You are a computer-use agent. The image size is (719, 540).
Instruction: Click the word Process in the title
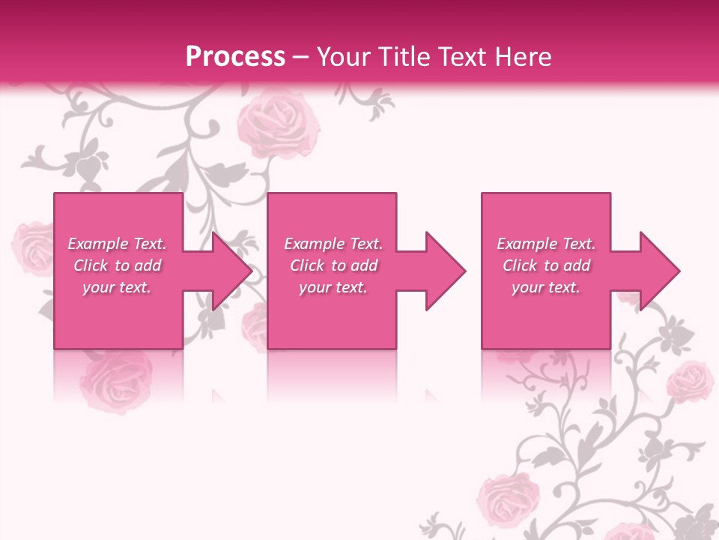tap(235, 57)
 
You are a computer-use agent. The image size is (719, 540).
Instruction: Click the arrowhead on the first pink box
tap(232, 271)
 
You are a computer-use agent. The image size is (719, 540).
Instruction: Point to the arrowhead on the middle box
tap(446, 271)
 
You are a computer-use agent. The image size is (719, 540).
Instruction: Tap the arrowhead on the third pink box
tap(660, 271)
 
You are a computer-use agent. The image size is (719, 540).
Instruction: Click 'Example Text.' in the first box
tap(117, 244)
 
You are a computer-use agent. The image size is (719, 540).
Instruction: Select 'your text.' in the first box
tap(117, 287)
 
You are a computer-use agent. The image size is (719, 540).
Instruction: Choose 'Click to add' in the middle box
tap(333, 265)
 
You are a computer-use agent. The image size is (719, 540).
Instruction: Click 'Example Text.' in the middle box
tap(333, 244)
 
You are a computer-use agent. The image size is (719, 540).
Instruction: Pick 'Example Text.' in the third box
tap(546, 244)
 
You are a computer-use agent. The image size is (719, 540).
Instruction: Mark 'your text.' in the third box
tap(546, 287)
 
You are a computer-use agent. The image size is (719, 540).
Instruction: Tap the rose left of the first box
tap(31, 247)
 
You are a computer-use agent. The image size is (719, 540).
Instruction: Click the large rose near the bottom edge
tap(509, 499)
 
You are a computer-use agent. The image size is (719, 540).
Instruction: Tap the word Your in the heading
tap(344, 57)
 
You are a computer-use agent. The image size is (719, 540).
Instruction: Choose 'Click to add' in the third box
tap(546, 265)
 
